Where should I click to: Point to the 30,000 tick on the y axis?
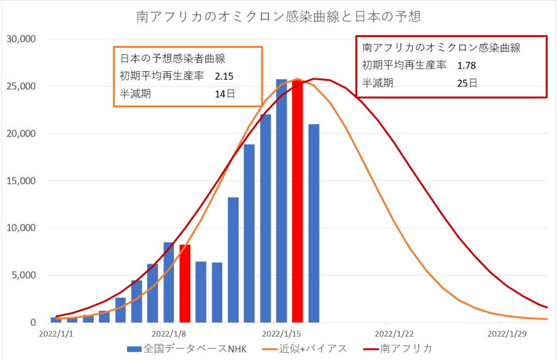(21, 39)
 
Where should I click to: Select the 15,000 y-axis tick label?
(21, 181)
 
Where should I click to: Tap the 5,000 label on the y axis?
(23, 276)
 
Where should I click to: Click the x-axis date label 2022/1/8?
(168, 333)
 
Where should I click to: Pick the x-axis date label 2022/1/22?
(392, 333)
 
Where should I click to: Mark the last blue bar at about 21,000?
(313, 223)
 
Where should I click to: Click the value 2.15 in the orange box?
(225, 76)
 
